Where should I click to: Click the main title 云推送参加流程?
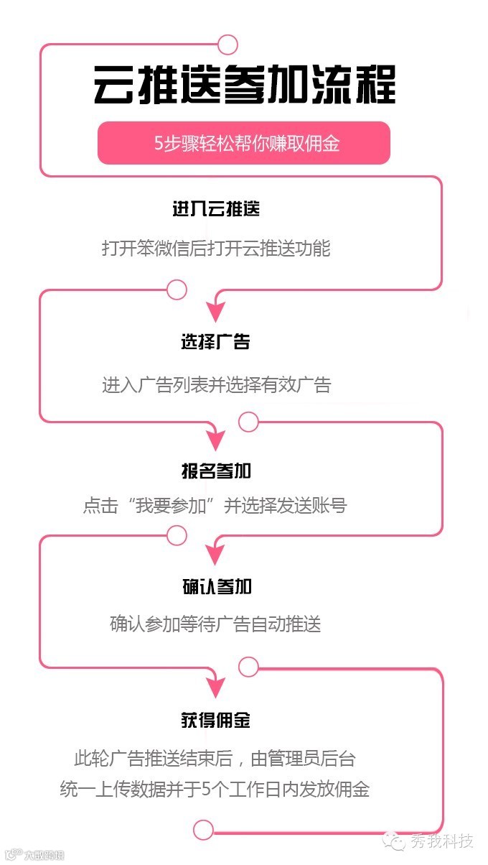tap(244, 85)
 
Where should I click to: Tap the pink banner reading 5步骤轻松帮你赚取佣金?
tap(244, 143)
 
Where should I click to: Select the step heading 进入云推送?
tap(215, 210)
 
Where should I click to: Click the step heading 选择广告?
tap(215, 342)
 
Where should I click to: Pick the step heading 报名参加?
tap(216, 471)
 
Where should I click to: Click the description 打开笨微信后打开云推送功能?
tap(215, 249)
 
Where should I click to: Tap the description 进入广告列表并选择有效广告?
tap(216, 385)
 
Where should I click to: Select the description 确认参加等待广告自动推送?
tap(215, 623)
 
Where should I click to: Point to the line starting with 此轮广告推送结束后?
tap(215, 759)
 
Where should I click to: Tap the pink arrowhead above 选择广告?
tap(216, 311)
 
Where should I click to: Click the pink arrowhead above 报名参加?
tap(216, 440)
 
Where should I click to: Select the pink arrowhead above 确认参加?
tap(216, 555)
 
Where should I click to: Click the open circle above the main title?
tap(227, 45)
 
